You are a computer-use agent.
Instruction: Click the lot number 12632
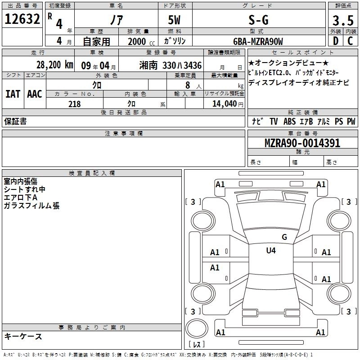pos(22,19)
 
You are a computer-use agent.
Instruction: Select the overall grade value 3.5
pos(343,20)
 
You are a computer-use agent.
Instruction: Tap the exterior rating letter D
pos(336,41)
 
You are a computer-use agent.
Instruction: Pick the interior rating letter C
pos(350,41)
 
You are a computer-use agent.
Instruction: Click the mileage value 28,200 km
pos(55,65)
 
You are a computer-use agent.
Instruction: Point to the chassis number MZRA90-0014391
pos(302,143)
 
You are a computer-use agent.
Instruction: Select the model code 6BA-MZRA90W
pos(258,41)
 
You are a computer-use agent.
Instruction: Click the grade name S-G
pos(258,20)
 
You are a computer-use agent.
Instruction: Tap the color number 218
pos(74,104)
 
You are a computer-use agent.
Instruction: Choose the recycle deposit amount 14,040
pos(225,104)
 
